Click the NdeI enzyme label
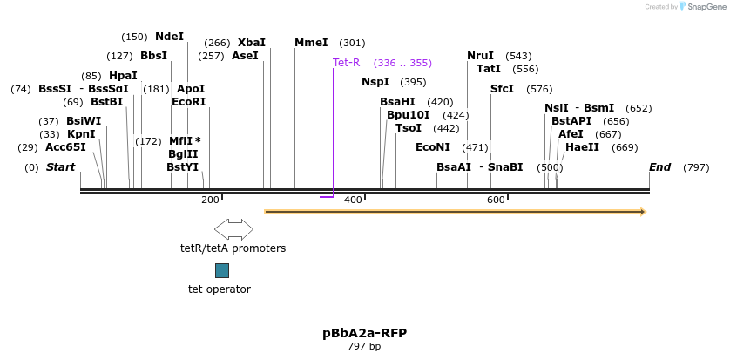[169, 37]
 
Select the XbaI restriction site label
[252, 43]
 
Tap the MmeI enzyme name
[311, 43]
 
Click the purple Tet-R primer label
[346, 63]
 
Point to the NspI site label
[375, 82]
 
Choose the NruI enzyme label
[480, 56]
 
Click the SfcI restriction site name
[502, 89]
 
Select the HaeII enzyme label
[582, 147]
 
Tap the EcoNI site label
[433, 147]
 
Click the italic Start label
[60, 167]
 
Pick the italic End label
[659, 167]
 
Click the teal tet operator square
[222, 270]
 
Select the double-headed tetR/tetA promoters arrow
[233, 229]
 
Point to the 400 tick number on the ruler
[353, 200]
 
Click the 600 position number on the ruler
[496, 200]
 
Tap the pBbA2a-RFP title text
[364, 333]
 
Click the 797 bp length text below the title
[364, 347]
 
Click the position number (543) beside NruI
[518, 56]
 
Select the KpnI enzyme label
[81, 134]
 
